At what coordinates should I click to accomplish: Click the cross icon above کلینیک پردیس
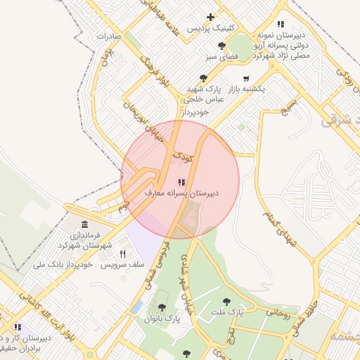coord(210,17)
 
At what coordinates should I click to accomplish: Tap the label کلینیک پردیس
coord(210,28)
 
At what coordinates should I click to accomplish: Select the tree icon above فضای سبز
coord(233,42)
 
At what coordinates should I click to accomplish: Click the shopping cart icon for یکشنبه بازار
coord(245,79)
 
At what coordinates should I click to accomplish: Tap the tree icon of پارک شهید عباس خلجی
coord(204,79)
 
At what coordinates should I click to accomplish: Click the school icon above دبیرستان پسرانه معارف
coord(181,182)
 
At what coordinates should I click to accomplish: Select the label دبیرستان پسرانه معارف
coord(182,192)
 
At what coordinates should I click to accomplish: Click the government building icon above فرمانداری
coord(85,224)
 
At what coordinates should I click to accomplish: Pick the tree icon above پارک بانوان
coord(162,307)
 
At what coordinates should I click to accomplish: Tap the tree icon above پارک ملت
coord(226,301)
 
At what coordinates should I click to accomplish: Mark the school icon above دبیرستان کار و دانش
coord(18,327)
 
